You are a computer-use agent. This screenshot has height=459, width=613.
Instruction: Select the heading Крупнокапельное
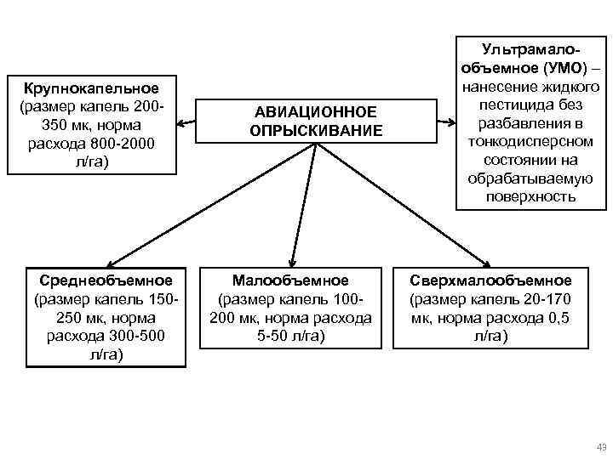91,88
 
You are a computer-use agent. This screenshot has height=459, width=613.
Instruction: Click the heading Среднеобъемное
106,280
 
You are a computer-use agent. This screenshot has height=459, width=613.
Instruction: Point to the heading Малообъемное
290,280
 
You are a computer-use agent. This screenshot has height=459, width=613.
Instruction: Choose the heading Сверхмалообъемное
491,280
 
